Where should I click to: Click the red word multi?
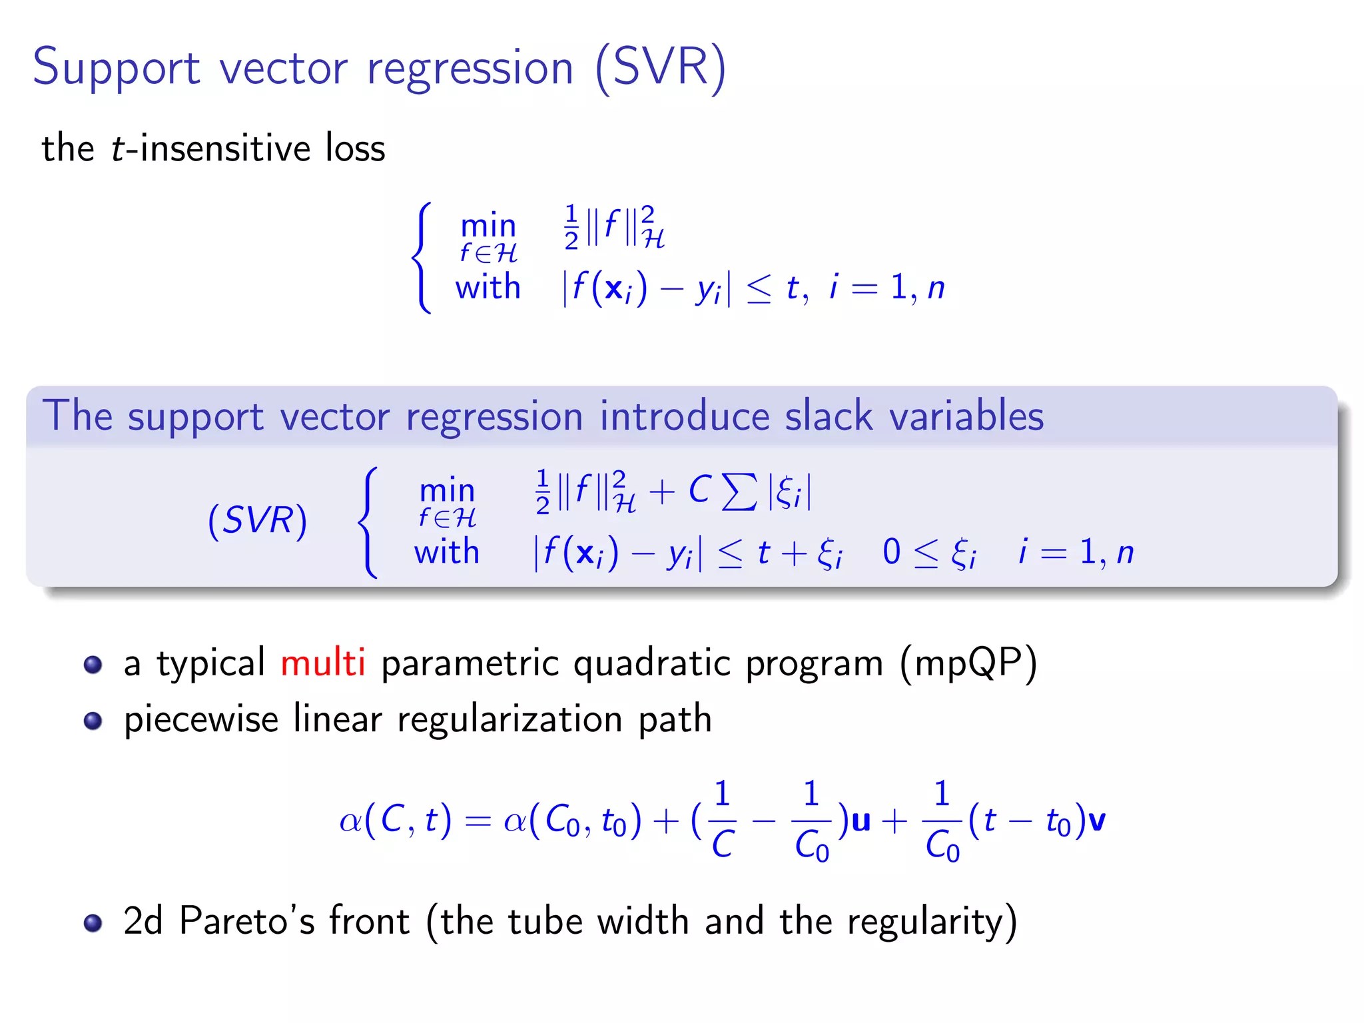click(x=322, y=663)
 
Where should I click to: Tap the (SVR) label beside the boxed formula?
click(x=257, y=520)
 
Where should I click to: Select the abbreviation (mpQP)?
click(x=968, y=664)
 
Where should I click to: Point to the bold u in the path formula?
click(x=860, y=821)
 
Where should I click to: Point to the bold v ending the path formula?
click(x=1096, y=821)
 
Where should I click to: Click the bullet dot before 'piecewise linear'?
click(x=93, y=721)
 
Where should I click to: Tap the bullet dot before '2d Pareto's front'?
click(x=93, y=922)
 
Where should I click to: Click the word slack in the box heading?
click(x=829, y=416)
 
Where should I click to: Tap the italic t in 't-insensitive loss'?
click(x=118, y=149)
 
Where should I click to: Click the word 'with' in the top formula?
click(x=488, y=287)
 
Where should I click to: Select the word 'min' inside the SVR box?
click(x=447, y=492)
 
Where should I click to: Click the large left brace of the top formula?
click(x=422, y=258)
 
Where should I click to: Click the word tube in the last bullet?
click(x=546, y=921)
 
